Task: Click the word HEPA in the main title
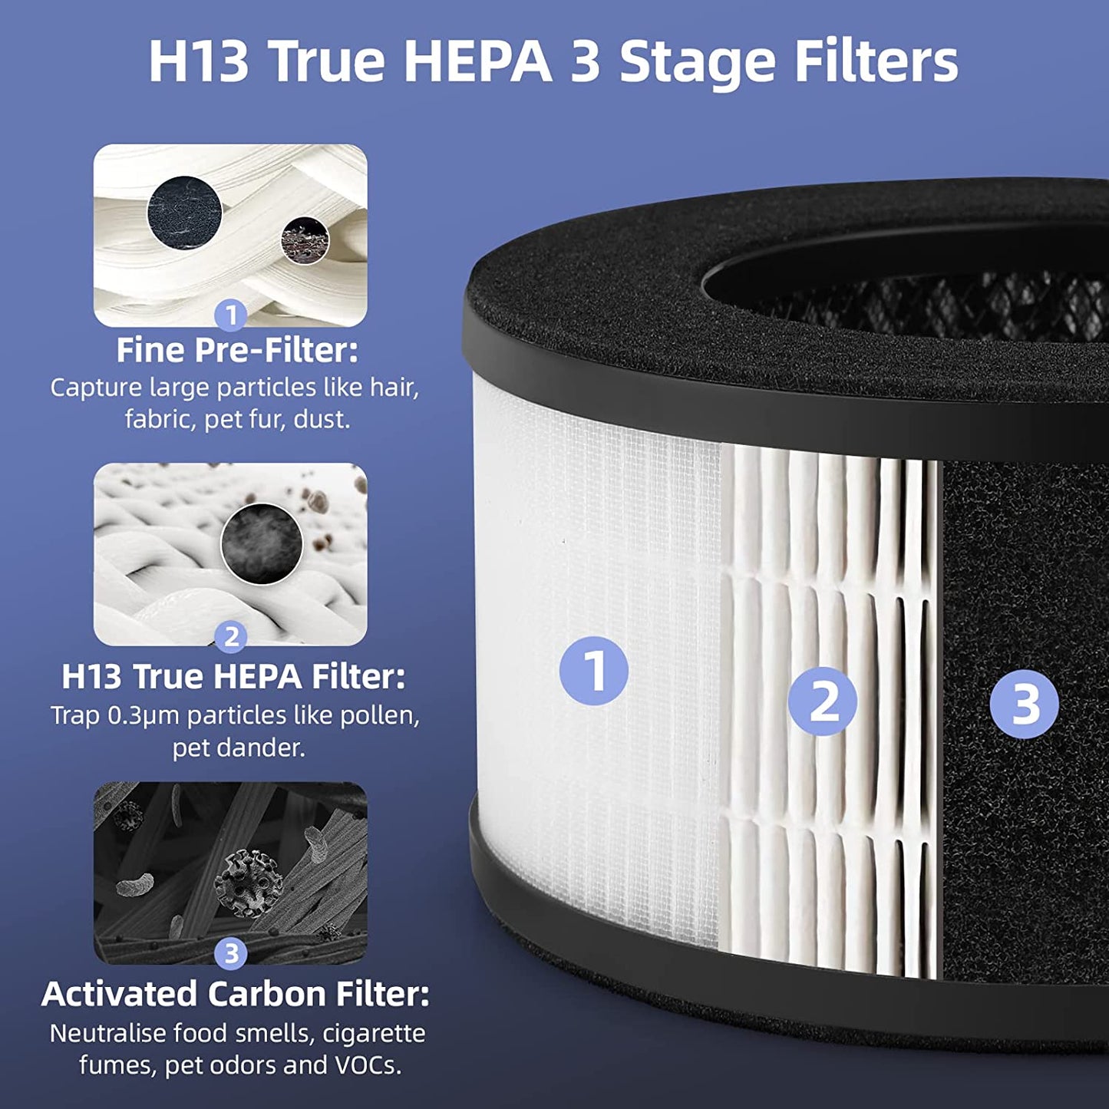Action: pyautogui.click(x=477, y=61)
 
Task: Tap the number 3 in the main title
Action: pyautogui.click(x=586, y=61)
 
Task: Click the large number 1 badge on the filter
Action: pyautogui.click(x=593, y=671)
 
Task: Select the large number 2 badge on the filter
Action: pyautogui.click(x=822, y=701)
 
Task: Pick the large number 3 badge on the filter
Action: pyautogui.click(x=1024, y=705)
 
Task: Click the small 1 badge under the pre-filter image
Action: pyautogui.click(x=230, y=315)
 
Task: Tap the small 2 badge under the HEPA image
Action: pyautogui.click(x=230, y=636)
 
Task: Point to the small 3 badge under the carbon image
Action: pyautogui.click(x=230, y=954)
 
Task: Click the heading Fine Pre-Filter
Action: pyautogui.click(x=237, y=351)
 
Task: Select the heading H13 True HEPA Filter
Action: pyautogui.click(x=233, y=677)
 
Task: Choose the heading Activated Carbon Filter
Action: pyautogui.click(x=236, y=994)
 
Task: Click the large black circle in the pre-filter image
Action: pyautogui.click(x=184, y=212)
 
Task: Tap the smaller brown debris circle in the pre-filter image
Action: pyautogui.click(x=305, y=239)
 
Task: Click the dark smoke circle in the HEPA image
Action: pyautogui.click(x=262, y=543)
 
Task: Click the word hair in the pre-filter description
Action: pyautogui.click(x=394, y=388)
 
